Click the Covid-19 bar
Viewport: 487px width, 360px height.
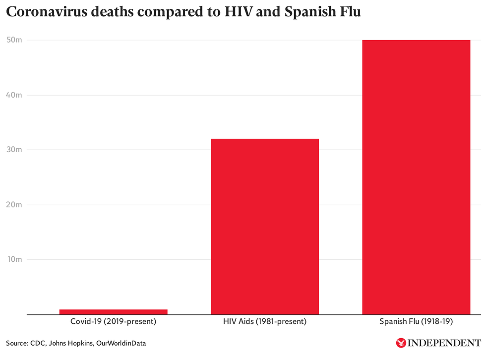114,312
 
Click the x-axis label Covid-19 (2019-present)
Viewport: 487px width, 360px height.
114,322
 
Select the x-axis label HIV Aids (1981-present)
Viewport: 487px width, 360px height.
265,322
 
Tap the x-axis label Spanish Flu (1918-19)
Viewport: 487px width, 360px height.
416,322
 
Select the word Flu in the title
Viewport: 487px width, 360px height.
350,13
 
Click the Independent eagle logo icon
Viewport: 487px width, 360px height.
400,343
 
